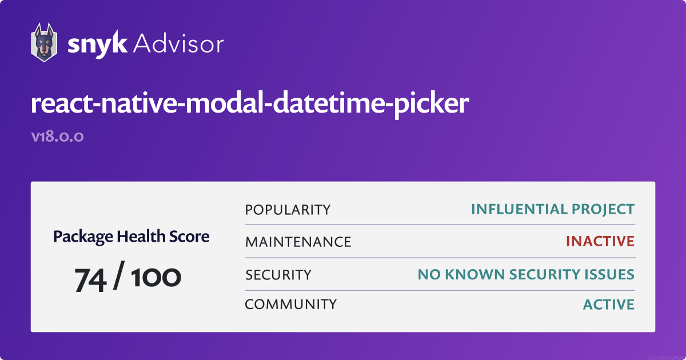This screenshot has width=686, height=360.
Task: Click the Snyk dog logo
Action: tap(44, 42)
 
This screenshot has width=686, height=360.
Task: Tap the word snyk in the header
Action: tap(97, 45)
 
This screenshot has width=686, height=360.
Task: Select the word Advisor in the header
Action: tap(178, 44)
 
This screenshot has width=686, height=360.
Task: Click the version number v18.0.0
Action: tap(57, 136)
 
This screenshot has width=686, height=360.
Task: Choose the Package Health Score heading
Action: tap(131, 237)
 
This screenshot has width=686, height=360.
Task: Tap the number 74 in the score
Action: tap(90, 280)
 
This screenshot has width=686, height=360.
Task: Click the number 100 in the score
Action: tap(156, 277)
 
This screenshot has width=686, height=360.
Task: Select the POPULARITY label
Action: tap(288, 210)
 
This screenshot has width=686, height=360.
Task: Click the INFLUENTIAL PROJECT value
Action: tap(553, 209)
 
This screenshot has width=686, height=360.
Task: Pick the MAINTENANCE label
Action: tap(298, 242)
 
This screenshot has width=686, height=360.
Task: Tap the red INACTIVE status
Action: tap(600, 242)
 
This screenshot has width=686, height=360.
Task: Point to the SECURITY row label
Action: tap(278, 275)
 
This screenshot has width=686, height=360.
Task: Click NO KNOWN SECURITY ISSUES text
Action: tap(526, 275)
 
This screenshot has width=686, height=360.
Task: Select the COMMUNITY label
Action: tap(290, 305)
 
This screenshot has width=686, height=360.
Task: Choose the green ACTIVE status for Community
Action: tap(609, 305)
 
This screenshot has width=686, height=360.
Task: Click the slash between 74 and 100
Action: tap(119, 275)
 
